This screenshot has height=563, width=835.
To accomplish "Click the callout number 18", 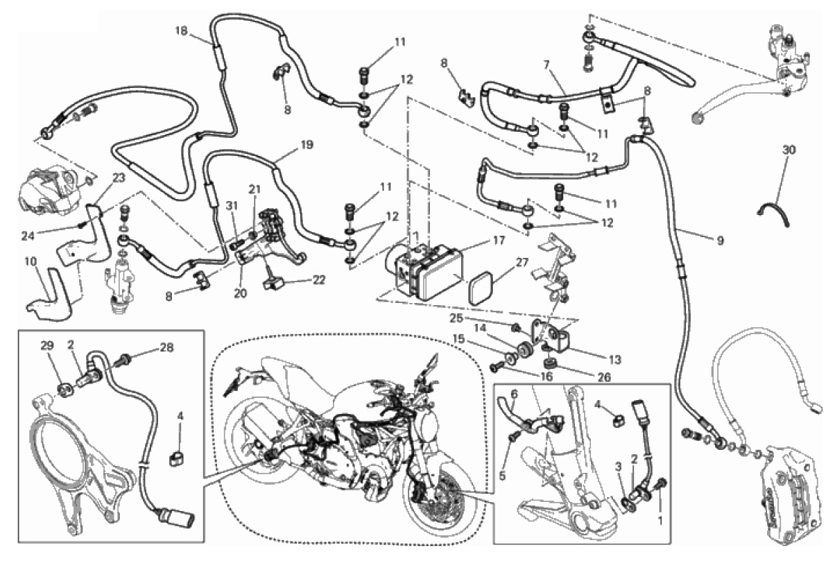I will [x=182, y=31].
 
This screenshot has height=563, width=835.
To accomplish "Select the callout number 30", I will [x=789, y=150].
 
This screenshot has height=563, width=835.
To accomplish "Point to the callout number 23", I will [x=119, y=177].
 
